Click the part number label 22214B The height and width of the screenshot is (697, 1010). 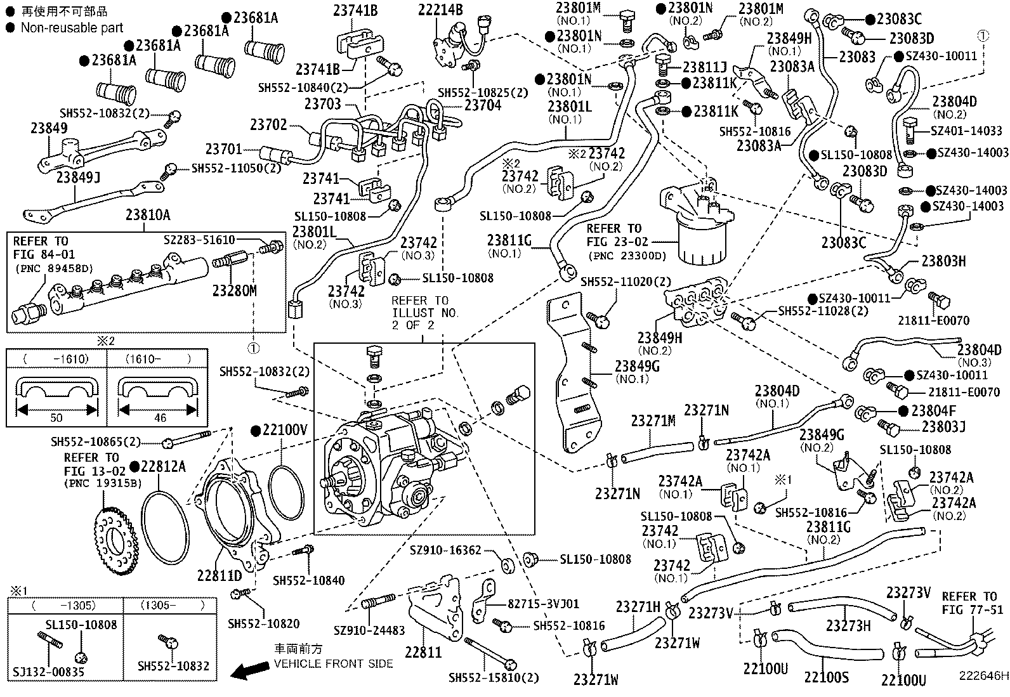[440, 10]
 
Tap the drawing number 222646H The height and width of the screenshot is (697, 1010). [983, 676]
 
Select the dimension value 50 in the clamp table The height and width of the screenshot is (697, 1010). [56, 418]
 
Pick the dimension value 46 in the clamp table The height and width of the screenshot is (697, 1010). [160, 418]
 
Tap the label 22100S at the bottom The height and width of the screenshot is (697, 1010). [825, 677]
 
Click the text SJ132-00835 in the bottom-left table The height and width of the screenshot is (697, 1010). [48, 672]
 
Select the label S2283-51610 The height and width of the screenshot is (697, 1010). [199, 240]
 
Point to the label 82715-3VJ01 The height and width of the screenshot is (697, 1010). [543, 604]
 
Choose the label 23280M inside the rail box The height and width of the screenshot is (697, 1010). [235, 290]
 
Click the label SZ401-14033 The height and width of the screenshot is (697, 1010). [966, 131]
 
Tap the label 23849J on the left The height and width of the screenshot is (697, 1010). [78, 177]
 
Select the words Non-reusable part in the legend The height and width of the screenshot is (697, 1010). [72, 27]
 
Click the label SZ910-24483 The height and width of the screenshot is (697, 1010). [369, 631]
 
